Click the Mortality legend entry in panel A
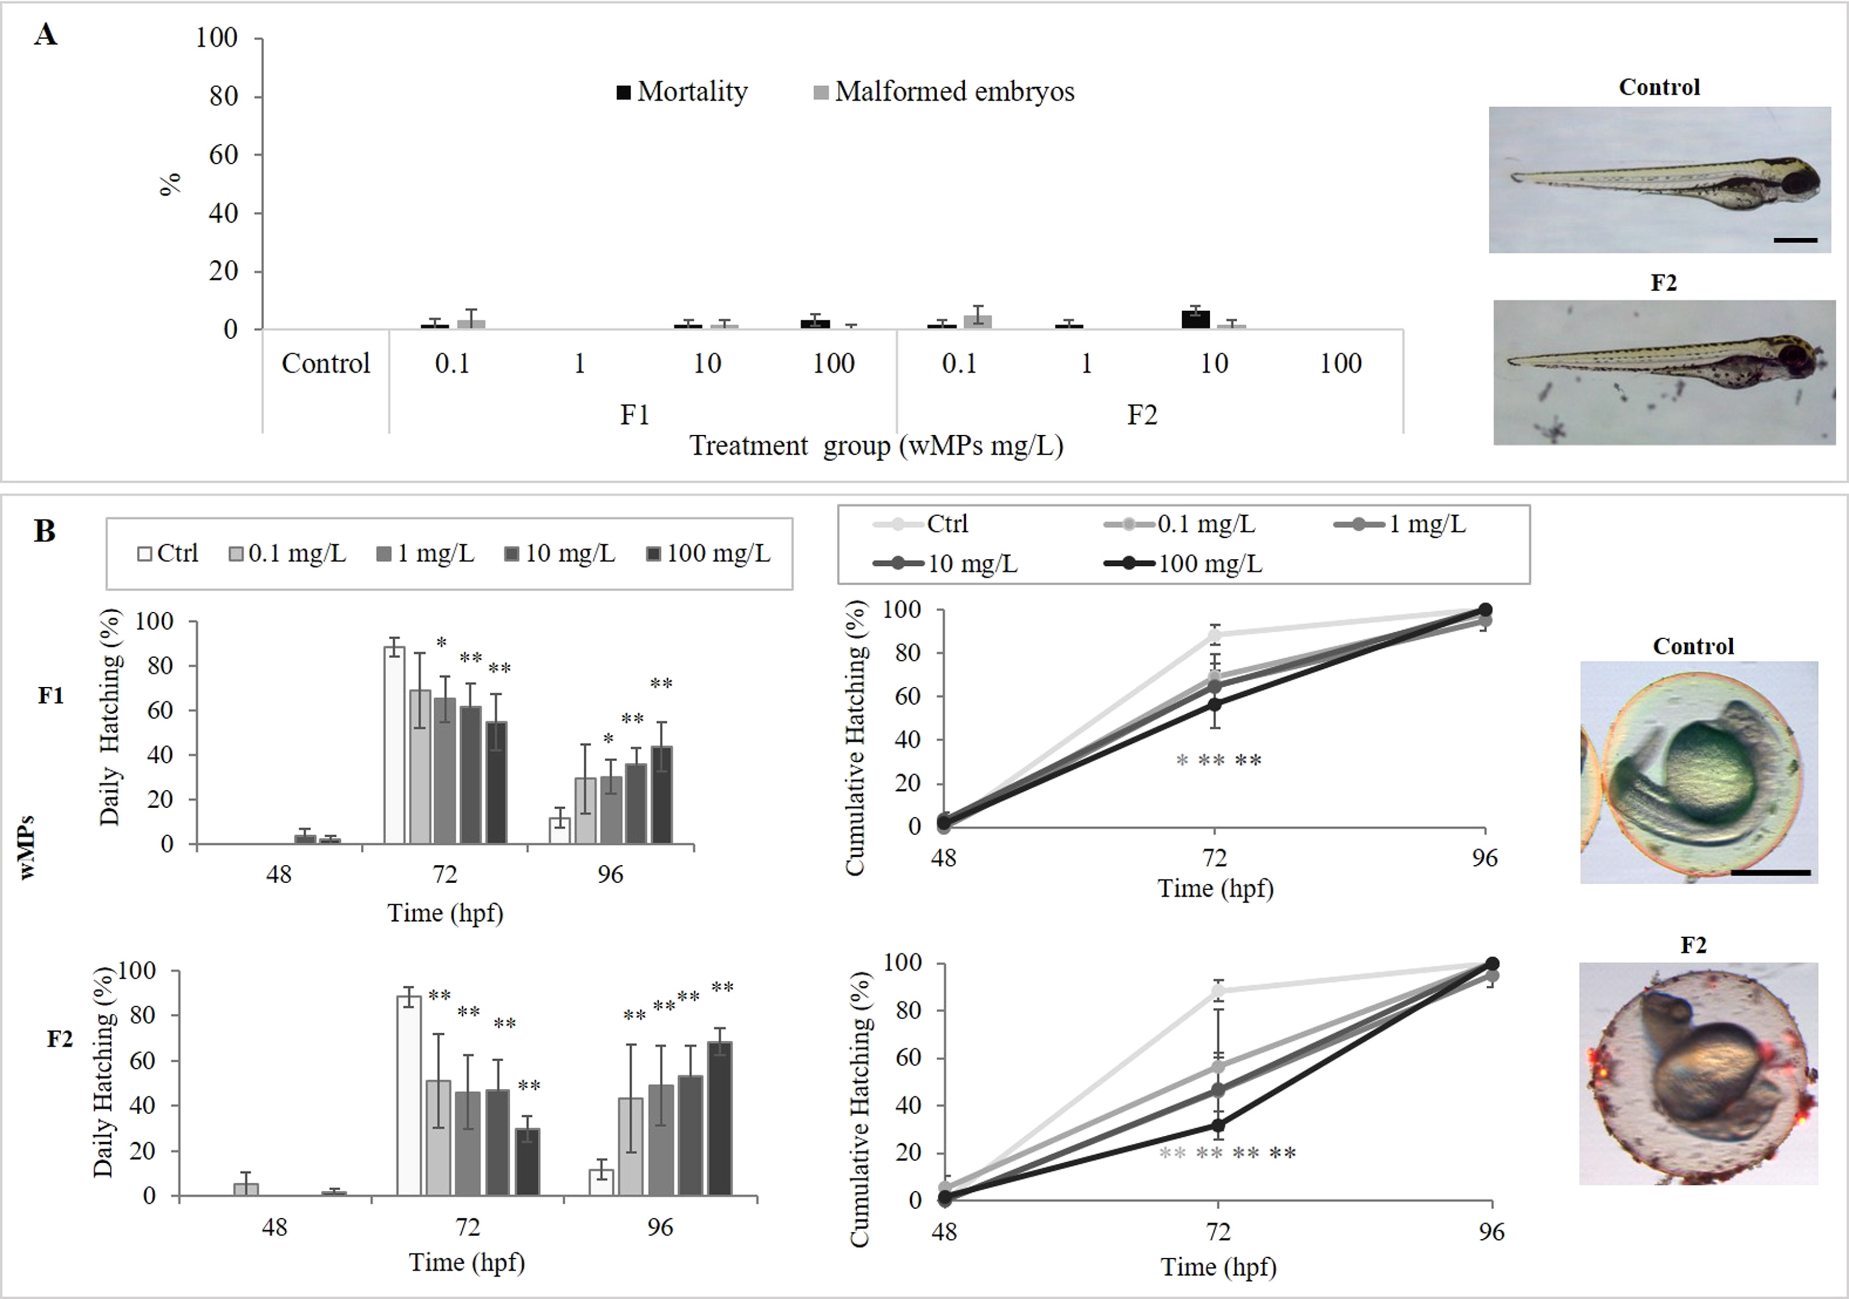[x=681, y=92]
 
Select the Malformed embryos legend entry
[x=944, y=92]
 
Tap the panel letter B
[x=44, y=531]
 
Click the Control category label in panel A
[x=325, y=363]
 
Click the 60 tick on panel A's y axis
[x=223, y=155]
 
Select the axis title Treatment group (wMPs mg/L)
[x=876, y=445]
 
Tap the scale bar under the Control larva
[x=1795, y=240]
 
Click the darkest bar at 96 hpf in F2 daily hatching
[x=720, y=1119]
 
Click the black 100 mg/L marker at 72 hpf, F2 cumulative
[x=1218, y=1125]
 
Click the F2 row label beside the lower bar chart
[x=60, y=1039]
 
